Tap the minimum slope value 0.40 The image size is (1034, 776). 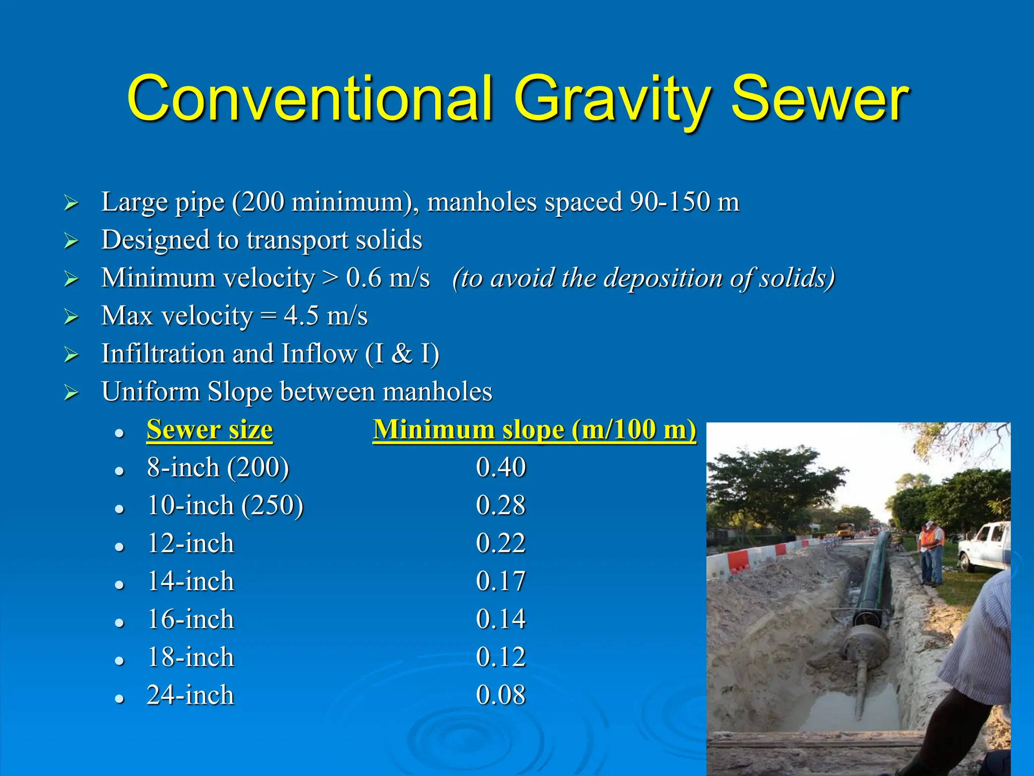pyautogui.click(x=501, y=467)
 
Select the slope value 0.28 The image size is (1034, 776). pyautogui.click(x=501, y=505)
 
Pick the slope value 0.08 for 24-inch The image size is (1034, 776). pyautogui.click(x=501, y=695)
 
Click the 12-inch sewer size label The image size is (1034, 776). pyautogui.click(x=190, y=544)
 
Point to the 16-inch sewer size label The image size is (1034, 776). pyautogui.click(x=190, y=619)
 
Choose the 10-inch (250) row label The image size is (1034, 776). pyautogui.click(x=225, y=506)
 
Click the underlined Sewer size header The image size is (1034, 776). pyautogui.click(x=210, y=430)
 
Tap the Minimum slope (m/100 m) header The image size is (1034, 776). pyautogui.click(x=534, y=430)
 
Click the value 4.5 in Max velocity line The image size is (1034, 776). pyautogui.click(x=301, y=316)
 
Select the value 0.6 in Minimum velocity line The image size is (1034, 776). pyautogui.click(x=364, y=278)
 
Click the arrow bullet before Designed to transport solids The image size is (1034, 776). pyautogui.click(x=72, y=241)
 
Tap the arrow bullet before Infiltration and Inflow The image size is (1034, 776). pyautogui.click(x=72, y=355)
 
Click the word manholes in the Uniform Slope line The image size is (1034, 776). pyautogui.click(x=437, y=392)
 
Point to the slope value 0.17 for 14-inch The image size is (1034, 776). pyautogui.click(x=501, y=581)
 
